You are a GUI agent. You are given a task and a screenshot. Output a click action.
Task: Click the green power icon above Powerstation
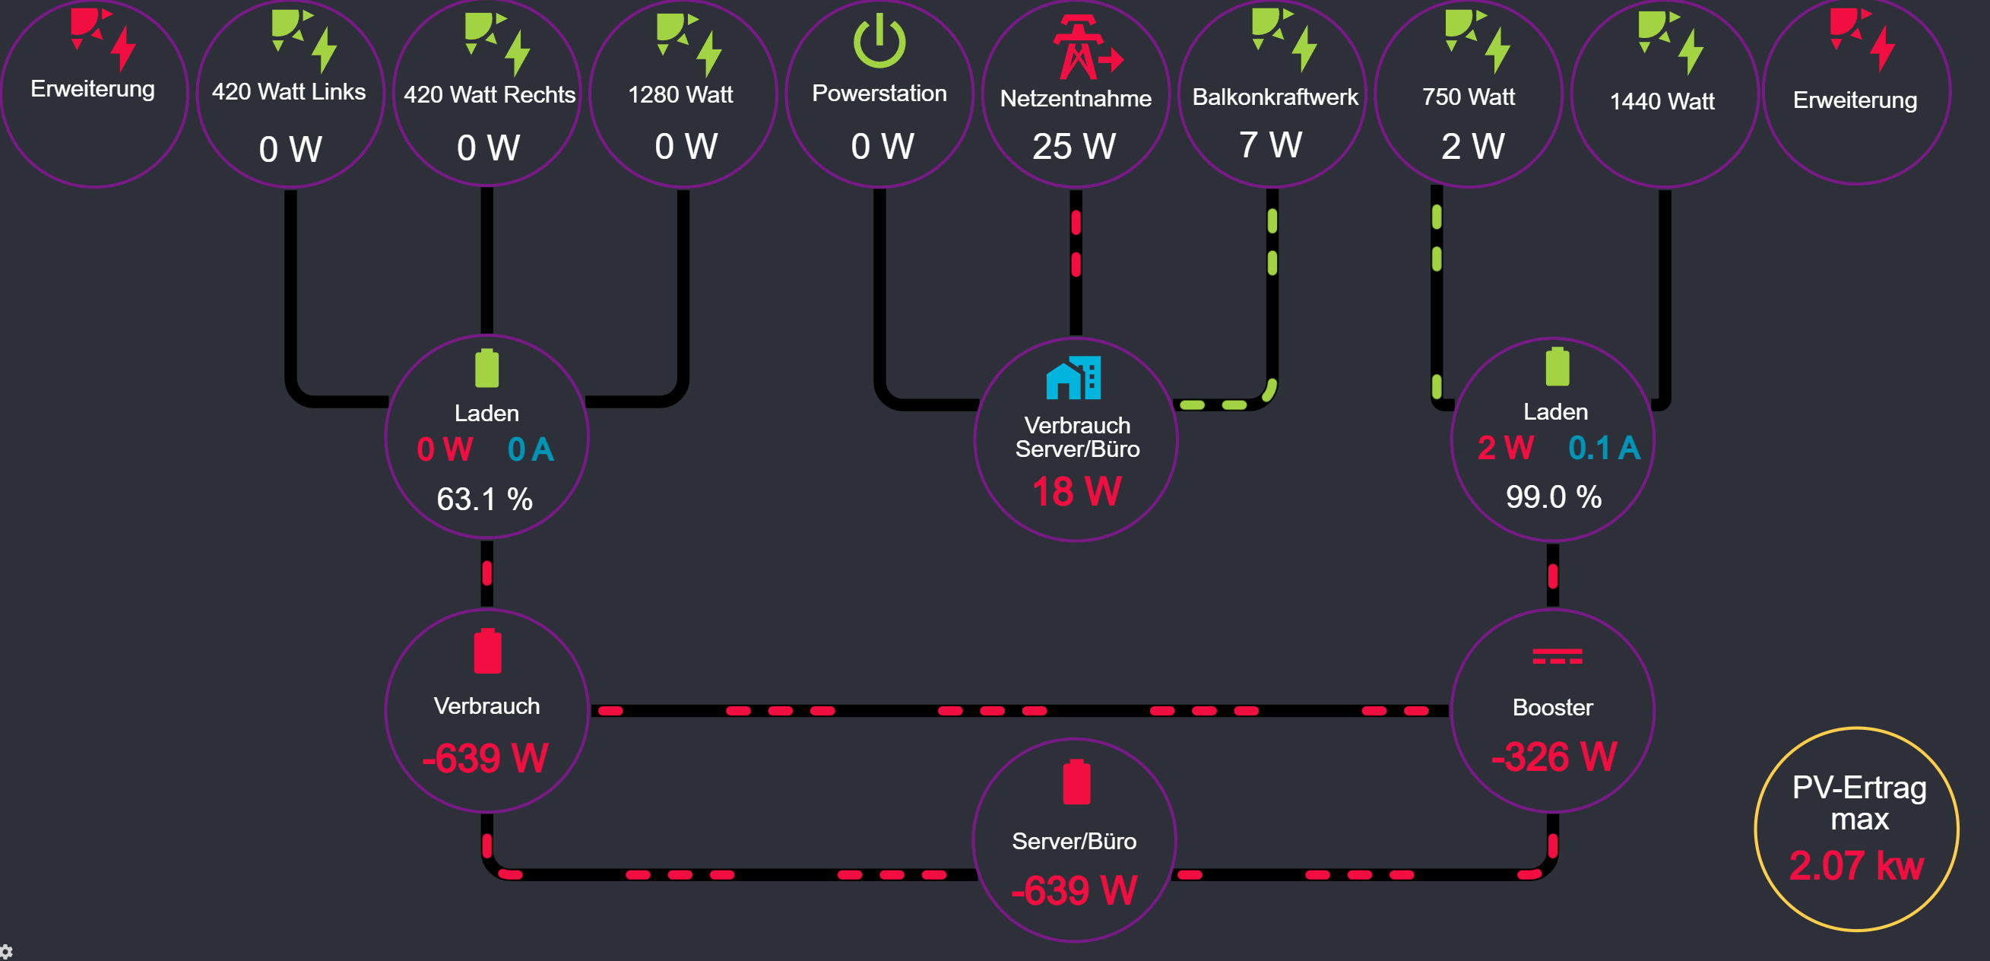coord(879,42)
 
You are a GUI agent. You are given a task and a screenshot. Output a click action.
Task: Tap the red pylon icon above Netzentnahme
coord(1086,47)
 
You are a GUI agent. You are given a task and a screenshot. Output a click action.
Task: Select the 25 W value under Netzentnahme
coord(1074,146)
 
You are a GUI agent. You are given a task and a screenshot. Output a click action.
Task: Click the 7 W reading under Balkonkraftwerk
coord(1271,144)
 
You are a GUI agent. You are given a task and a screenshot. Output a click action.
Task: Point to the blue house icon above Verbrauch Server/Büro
coord(1073,377)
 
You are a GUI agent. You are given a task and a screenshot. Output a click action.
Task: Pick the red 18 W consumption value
coord(1076,491)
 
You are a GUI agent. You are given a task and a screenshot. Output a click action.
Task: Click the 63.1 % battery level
coord(484,499)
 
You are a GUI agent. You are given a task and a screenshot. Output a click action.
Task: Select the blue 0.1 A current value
coord(1604,448)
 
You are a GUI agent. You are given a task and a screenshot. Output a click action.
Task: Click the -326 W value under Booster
coord(1553,756)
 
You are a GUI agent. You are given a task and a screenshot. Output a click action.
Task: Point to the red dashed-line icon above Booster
coord(1557,657)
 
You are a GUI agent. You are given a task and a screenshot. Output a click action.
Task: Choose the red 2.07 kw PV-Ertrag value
coord(1855,865)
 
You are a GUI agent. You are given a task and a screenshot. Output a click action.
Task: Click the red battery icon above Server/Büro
coord(1076,782)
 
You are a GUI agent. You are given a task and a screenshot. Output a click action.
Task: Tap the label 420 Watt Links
coord(288,92)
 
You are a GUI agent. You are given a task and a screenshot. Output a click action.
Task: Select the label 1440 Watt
coord(1662,101)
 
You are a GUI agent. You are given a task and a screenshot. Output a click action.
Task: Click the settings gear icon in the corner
coord(6,952)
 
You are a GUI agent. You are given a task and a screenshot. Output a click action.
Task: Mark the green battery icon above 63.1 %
coord(486,368)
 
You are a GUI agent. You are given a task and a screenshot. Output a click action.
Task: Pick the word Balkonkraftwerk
coord(1275,97)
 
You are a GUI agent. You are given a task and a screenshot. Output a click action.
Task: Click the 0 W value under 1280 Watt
coord(686,146)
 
